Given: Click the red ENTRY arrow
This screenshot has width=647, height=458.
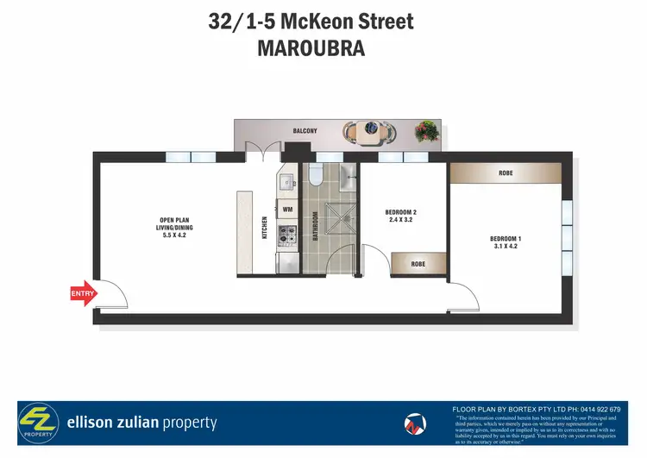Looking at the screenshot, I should pyautogui.click(x=84, y=294).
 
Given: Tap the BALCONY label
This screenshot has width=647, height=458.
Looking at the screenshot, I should pyautogui.click(x=305, y=131).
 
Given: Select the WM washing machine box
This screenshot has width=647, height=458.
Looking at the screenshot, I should pyautogui.click(x=287, y=209).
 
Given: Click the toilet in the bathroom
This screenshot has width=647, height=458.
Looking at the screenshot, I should pyautogui.click(x=315, y=176).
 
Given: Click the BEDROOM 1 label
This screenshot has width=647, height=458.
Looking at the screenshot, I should pyautogui.click(x=506, y=239).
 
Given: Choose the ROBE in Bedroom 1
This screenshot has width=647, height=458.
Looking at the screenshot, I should pyautogui.click(x=506, y=173).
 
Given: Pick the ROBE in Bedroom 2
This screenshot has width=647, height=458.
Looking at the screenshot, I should pyautogui.click(x=418, y=264).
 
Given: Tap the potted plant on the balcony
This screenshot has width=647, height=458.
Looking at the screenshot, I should pyautogui.click(x=425, y=131).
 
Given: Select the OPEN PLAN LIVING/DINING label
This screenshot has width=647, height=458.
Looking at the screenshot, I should pyautogui.click(x=173, y=223).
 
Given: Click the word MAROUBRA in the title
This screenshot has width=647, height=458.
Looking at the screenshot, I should pyautogui.click(x=311, y=49).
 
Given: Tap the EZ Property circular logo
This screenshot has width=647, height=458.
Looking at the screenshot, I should pyautogui.click(x=39, y=423).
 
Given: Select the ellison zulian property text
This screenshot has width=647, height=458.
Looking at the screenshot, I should pyautogui.click(x=141, y=423).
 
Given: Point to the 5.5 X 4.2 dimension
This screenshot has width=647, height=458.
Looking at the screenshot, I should pyautogui.click(x=173, y=235).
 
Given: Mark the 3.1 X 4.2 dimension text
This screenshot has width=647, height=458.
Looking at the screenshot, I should pyautogui.click(x=506, y=248).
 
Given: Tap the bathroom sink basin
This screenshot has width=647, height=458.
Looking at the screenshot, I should pyautogui.click(x=347, y=178).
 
